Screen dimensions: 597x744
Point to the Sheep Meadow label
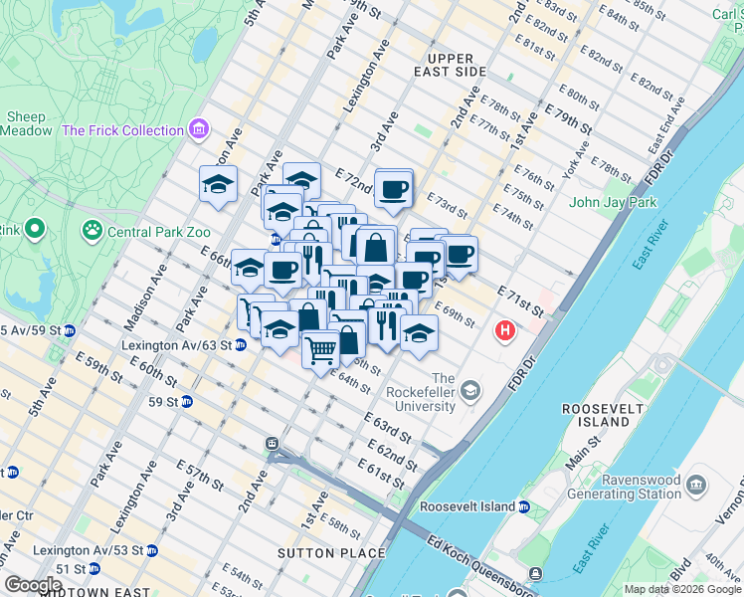point(26,123)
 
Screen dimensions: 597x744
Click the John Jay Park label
point(613,203)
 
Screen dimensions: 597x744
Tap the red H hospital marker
point(506,330)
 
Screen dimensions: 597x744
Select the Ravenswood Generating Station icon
point(694,484)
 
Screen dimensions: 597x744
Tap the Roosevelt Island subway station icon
point(523,506)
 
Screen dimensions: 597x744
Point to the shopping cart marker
point(320,350)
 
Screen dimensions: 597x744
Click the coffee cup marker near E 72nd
point(394,189)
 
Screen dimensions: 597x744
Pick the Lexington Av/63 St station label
point(176,345)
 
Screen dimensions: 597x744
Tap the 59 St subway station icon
point(185,402)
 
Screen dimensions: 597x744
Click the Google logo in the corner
point(34,585)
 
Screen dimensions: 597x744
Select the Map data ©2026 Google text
point(681,589)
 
